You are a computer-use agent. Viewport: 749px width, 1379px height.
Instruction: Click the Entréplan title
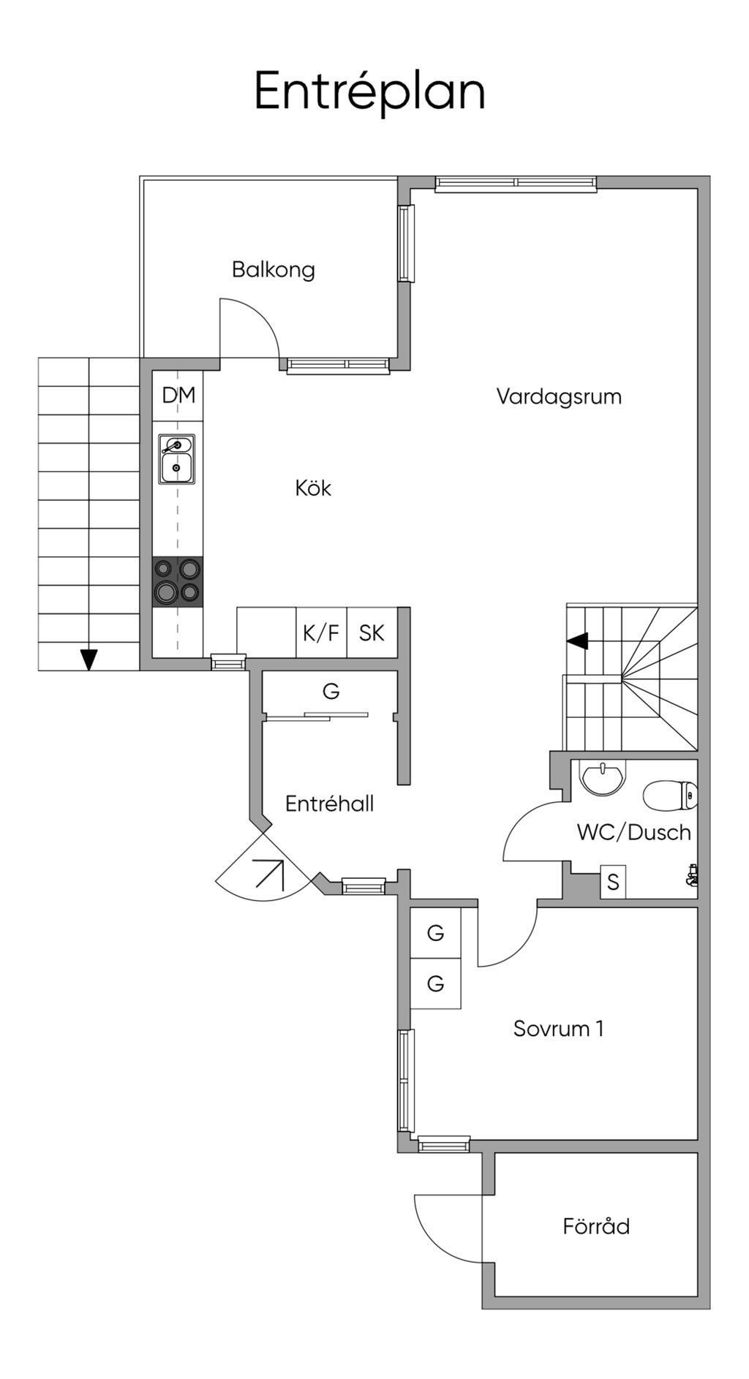click(369, 91)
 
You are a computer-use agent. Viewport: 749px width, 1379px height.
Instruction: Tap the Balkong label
click(273, 270)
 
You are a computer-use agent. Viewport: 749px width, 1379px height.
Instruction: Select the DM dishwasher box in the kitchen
click(178, 396)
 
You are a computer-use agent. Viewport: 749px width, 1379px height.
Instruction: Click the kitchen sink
click(177, 460)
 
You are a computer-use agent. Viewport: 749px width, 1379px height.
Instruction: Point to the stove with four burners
click(178, 581)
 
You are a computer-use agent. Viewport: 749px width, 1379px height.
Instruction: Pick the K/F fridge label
click(321, 632)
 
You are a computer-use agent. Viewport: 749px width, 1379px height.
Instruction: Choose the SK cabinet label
click(372, 632)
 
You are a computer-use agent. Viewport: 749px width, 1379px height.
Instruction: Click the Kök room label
click(313, 488)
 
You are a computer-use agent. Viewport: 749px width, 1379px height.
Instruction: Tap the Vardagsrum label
click(559, 397)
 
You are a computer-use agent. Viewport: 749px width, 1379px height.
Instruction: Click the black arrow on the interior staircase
click(578, 641)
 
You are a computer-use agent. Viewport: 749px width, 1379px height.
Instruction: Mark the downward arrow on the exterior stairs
click(89, 659)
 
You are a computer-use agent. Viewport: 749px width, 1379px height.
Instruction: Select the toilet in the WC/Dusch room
click(669, 796)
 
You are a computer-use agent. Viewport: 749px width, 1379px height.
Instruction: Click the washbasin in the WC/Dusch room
click(603, 777)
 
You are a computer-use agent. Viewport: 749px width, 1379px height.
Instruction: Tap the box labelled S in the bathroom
click(613, 883)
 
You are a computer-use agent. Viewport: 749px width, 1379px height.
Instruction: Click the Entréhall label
click(329, 804)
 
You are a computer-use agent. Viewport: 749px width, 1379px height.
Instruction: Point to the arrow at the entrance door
click(269, 873)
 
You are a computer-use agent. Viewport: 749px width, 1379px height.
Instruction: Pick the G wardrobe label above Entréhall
click(331, 691)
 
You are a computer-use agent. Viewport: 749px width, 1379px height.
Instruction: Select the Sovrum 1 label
click(558, 1029)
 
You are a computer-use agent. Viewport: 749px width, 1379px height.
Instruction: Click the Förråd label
click(596, 1226)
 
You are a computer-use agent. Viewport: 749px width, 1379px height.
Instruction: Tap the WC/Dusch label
click(633, 832)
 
